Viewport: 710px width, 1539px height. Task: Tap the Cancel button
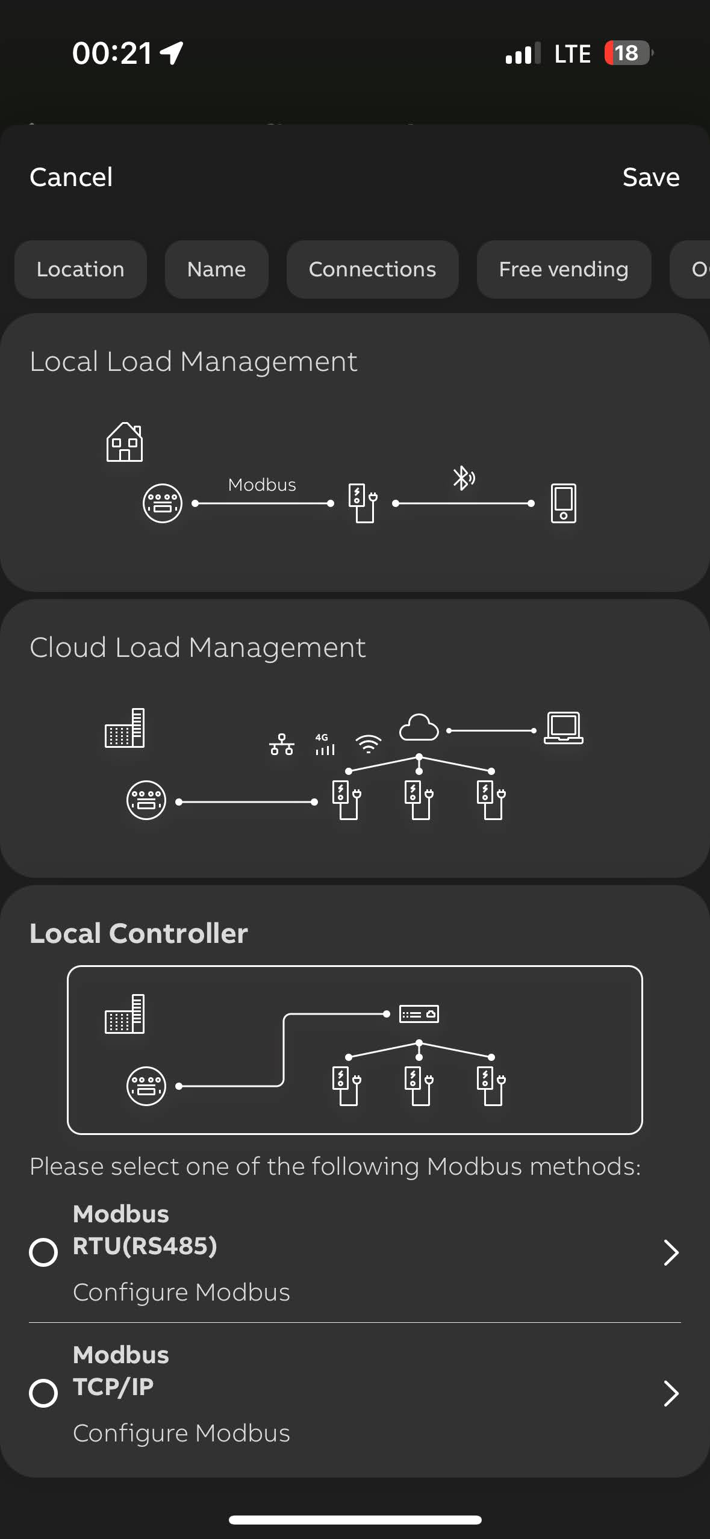[x=71, y=177]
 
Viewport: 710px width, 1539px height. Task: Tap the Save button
[x=651, y=177]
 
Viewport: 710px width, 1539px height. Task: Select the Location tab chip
[x=81, y=269]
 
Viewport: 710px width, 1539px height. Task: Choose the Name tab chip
[x=216, y=269]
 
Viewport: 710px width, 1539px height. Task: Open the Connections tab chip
[x=372, y=269]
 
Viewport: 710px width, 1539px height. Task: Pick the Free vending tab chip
[x=564, y=269]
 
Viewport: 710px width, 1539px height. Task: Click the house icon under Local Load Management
[x=125, y=442]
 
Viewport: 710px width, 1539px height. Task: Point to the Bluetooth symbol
[x=463, y=478]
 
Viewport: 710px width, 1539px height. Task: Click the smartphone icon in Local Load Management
[x=564, y=503]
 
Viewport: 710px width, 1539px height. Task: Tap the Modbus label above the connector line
[x=262, y=485]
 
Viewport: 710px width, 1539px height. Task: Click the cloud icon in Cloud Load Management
[x=419, y=727]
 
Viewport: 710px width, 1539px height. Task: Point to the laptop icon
[x=564, y=727]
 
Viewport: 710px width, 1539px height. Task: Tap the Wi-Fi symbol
[x=369, y=744]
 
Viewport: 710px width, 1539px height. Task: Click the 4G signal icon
[x=325, y=744]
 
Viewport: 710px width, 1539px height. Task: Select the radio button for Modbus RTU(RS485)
[x=43, y=1252]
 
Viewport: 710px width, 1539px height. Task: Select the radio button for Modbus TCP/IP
[x=43, y=1393]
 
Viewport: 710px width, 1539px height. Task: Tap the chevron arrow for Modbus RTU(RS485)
[x=671, y=1252]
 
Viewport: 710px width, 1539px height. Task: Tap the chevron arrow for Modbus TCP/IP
[x=671, y=1393]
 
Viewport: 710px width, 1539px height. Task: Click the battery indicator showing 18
[x=627, y=53]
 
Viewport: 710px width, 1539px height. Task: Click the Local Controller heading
[x=139, y=933]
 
